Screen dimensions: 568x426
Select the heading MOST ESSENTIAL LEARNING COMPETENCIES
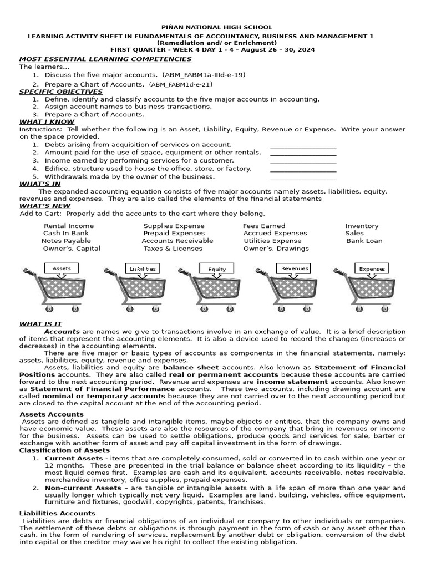point(105,59)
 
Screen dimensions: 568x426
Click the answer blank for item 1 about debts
point(303,145)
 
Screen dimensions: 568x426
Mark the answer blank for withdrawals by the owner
point(303,177)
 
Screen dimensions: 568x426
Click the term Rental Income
point(69,226)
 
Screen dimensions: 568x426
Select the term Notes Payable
point(67,241)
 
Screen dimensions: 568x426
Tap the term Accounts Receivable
point(177,241)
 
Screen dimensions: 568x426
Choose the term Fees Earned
point(264,226)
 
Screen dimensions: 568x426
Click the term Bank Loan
point(364,241)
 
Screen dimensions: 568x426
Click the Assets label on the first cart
point(62,268)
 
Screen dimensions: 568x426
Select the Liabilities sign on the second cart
point(143,268)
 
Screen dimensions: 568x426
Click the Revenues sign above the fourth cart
point(294,268)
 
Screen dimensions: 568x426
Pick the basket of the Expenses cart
point(371,288)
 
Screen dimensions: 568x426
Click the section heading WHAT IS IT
point(40,323)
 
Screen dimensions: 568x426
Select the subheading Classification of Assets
point(65,450)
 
